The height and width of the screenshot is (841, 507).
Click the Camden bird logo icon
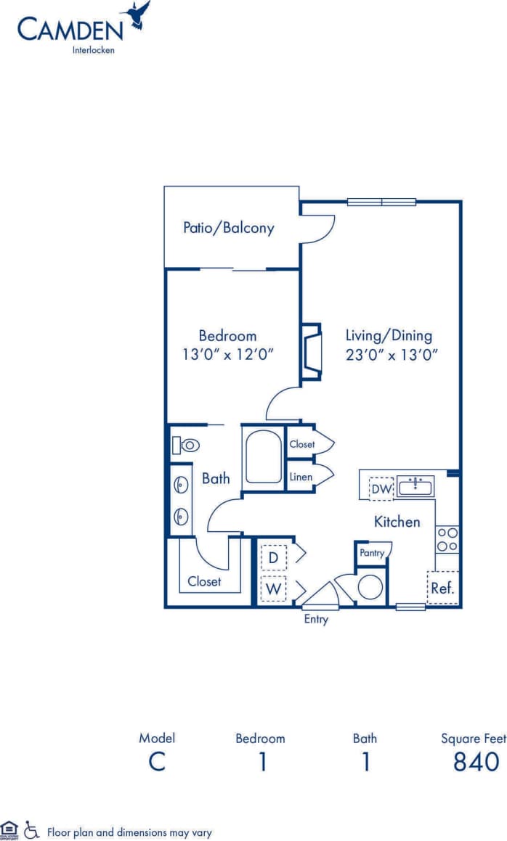click(x=138, y=16)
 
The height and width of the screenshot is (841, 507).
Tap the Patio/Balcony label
click(x=228, y=228)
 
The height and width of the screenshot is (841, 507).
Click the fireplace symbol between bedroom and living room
click(x=311, y=351)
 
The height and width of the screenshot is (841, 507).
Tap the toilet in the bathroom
click(x=186, y=445)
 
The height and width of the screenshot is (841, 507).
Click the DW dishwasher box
click(x=381, y=489)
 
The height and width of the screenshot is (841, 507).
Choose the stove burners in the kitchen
click(x=447, y=539)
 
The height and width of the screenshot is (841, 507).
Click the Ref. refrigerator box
click(x=442, y=588)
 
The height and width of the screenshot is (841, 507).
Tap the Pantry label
click(x=373, y=553)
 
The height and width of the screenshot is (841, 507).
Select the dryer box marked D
click(x=273, y=557)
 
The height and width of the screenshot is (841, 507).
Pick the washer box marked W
click(x=273, y=588)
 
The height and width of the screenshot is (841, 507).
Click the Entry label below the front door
click(x=316, y=620)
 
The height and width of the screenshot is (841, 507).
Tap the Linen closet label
click(x=301, y=477)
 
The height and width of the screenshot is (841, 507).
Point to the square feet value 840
click(x=476, y=762)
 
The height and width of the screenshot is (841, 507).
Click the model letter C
click(x=157, y=762)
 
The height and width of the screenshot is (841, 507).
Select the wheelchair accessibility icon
click(x=31, y=829)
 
